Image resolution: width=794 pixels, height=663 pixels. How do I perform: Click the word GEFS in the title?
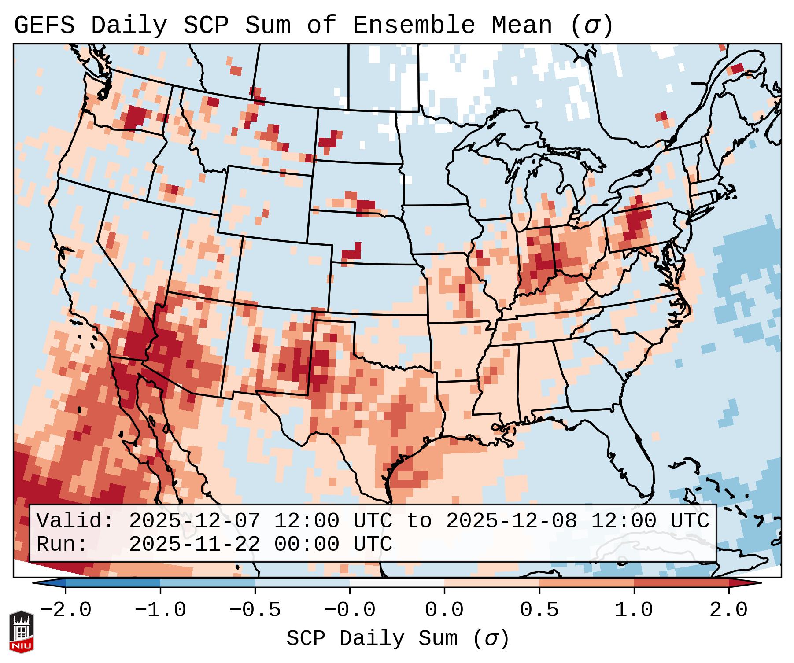click(x=44, y=26)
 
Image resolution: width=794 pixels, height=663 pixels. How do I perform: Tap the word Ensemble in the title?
click(x=414, y=26)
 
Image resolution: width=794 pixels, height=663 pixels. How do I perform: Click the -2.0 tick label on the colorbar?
click(x=66, y=610)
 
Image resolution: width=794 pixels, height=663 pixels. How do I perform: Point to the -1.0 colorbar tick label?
click(x=160, y=610)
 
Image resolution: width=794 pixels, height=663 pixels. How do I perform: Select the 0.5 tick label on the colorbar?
click(x=539, y=610)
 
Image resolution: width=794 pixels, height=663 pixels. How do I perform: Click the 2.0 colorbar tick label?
click(x=729, y=610)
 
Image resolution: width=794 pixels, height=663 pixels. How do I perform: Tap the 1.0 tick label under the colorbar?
click(x=634, y=610)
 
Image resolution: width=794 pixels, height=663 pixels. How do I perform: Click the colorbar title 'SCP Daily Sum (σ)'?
click(x=398, y=639)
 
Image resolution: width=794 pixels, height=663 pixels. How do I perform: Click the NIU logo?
click(x=21, y=632)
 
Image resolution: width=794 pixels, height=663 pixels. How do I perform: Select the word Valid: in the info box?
click(x=75, y=521)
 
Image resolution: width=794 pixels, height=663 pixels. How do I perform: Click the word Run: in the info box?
click(x=62, y=544)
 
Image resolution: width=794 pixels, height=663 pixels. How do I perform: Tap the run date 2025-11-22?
click(x=194, y=544)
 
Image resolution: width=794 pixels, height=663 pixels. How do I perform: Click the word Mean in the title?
click(x=521, y=26)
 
